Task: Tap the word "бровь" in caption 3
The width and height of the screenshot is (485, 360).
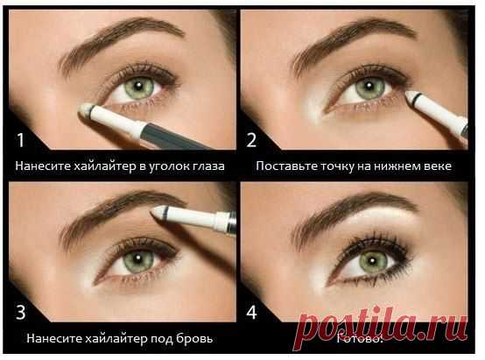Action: [x=196, y=336]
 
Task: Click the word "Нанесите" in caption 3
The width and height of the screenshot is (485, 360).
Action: [x=53, y=336]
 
